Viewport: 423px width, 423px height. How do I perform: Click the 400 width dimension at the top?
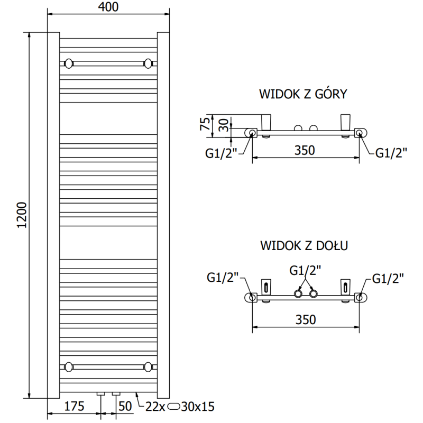108,7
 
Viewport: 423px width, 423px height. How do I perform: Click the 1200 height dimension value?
22,216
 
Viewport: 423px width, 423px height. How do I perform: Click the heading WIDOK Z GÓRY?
302,95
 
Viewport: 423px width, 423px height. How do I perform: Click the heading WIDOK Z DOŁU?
303,246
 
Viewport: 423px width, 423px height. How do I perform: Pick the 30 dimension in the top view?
224,125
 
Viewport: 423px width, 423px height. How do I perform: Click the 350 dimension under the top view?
305,150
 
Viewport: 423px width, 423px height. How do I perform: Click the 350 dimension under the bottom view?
305,319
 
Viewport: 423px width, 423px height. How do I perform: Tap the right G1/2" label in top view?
391,153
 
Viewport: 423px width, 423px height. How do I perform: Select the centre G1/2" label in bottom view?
306,271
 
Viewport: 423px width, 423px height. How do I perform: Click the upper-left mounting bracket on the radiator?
68,64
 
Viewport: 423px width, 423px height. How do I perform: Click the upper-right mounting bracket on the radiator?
148,64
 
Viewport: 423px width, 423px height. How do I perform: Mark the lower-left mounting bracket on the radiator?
68,366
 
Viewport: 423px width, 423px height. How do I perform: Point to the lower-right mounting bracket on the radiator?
148,366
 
